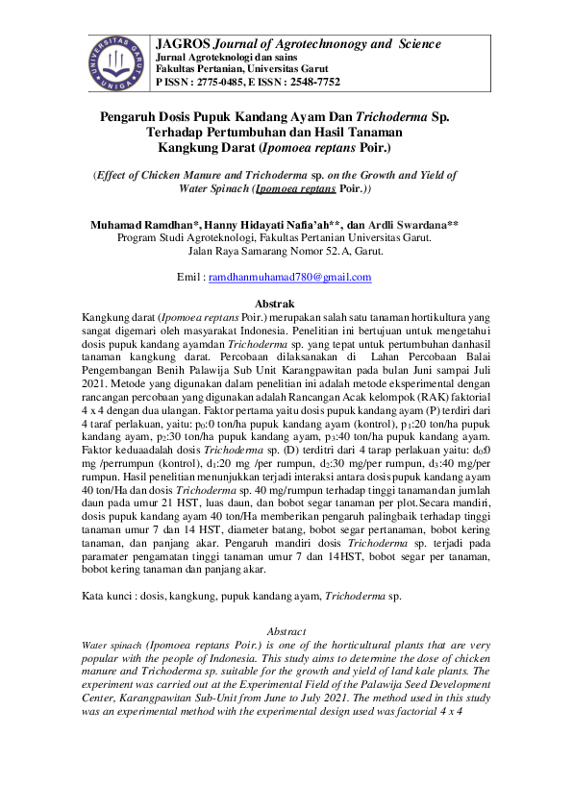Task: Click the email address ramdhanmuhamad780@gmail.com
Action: [x=289, y=277]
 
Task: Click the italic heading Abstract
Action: [x=286, y=630]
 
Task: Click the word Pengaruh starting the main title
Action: [x=133, y=116]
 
